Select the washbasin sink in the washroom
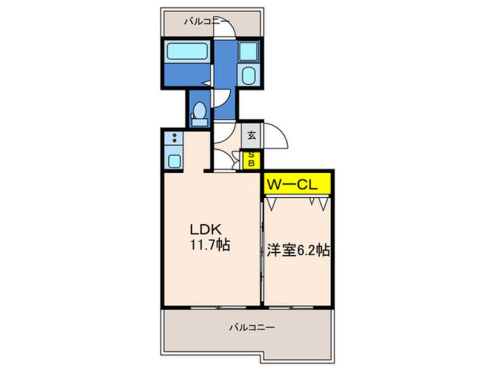(248, 75)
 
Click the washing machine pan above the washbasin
(249, 51)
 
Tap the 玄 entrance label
(252, 136)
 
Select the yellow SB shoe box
(252, 159)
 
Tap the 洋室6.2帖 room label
(297, 250)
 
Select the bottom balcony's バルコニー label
(251, 328)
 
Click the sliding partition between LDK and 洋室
(261, 252)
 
